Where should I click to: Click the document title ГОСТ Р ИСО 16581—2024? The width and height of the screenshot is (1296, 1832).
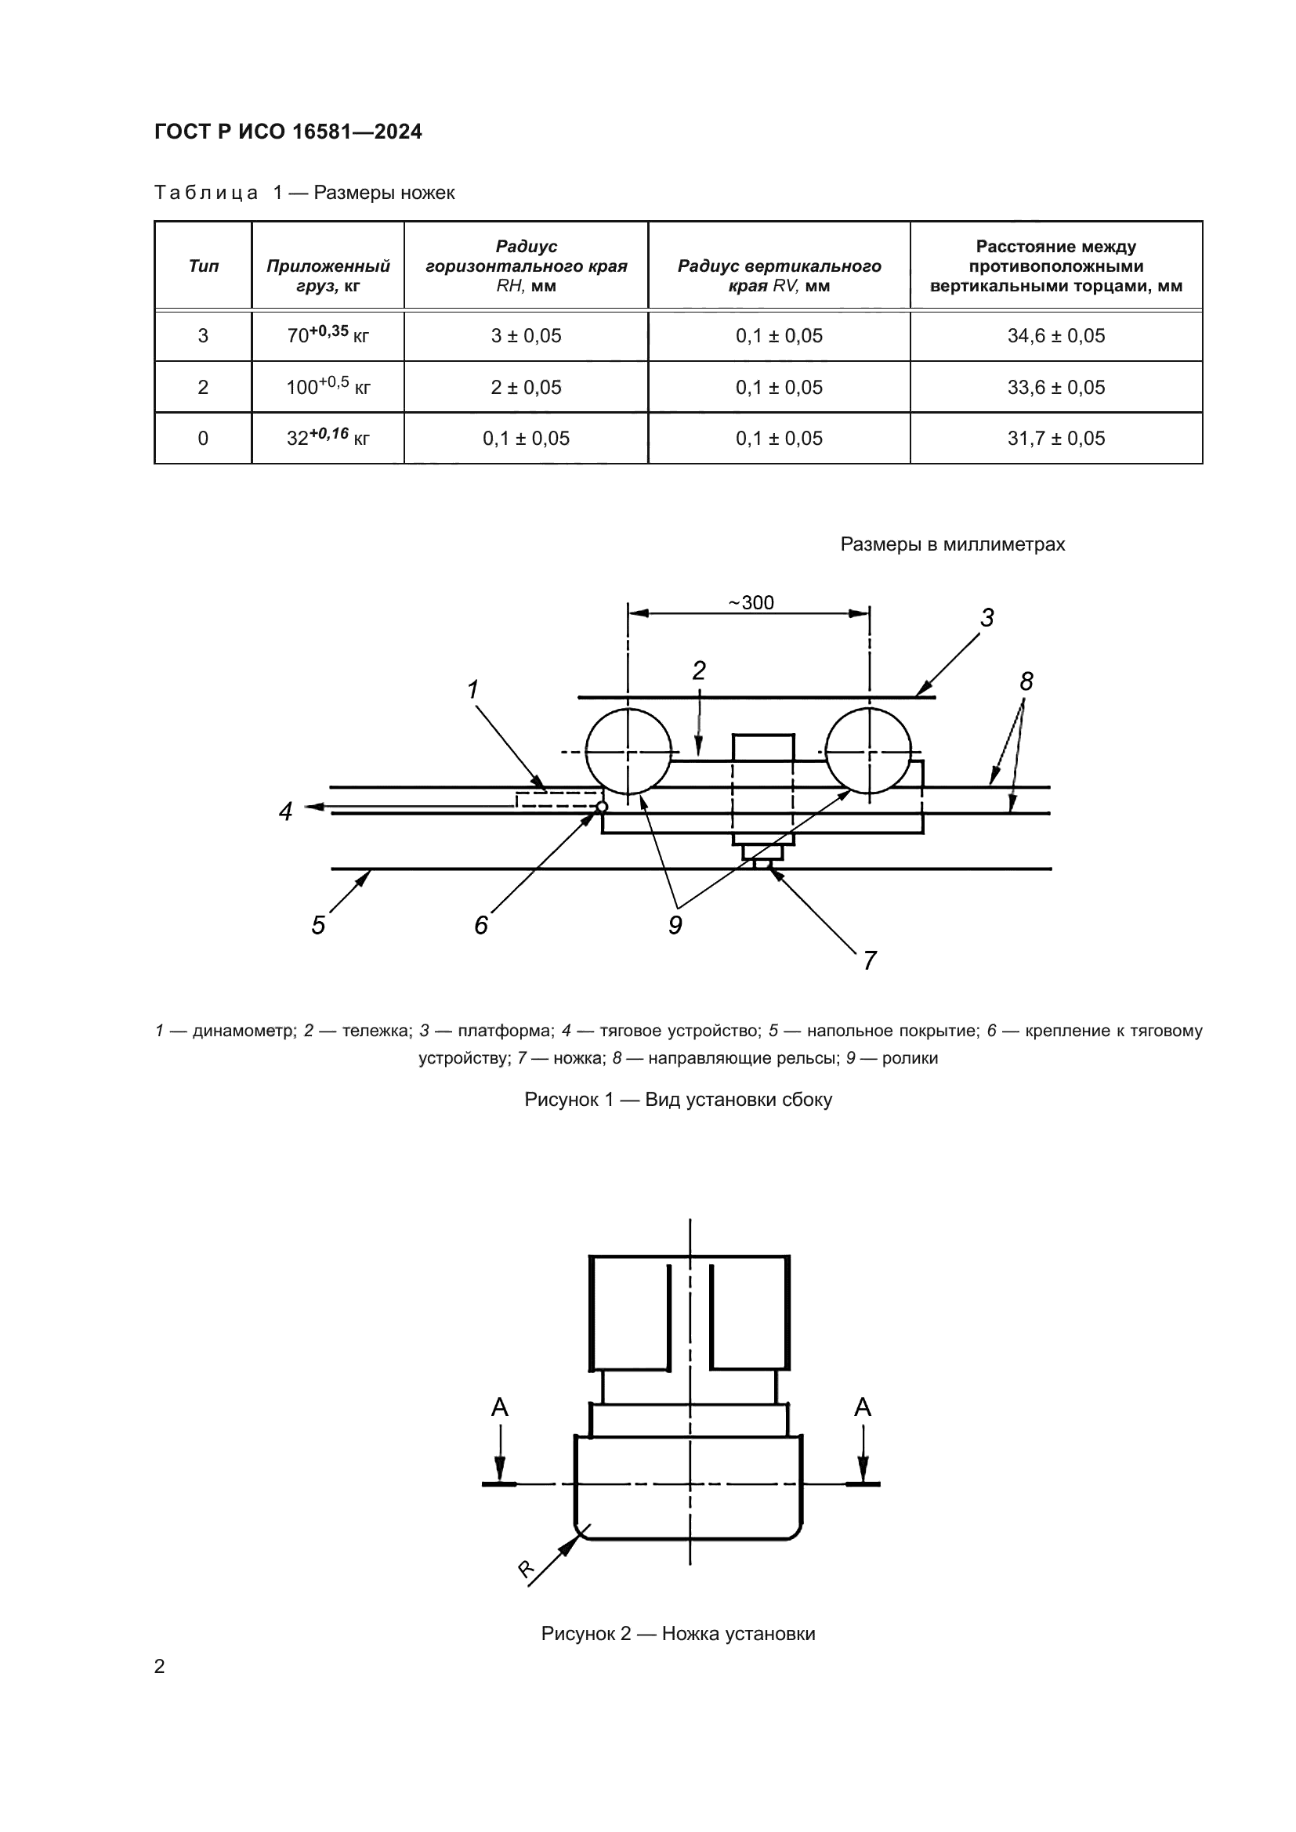click(x=288, y=132)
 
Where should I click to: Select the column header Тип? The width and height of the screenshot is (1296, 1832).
click(x=204, y=266)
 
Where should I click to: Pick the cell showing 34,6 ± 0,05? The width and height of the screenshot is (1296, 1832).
click(x=1055, y=336)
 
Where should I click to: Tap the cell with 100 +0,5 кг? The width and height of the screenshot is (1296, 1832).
click(x=328, y=387)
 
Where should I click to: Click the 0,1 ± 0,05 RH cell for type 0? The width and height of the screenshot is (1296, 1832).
click(x=526, y=438)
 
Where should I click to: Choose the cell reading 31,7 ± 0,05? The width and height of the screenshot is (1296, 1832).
click(x=1055, y=438)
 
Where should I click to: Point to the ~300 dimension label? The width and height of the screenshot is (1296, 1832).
click(x=751, y=602)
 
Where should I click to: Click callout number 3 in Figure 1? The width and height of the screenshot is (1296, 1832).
click(x=987, y=617)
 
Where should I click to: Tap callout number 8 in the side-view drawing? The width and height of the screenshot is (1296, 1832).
click(x=1026, y=681)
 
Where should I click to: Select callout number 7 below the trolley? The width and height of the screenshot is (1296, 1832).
click(x=870, y=960)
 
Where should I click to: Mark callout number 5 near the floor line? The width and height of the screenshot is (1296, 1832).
click(x=318, y=926)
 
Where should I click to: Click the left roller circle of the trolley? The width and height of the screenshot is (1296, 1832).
click(x=628, y=752)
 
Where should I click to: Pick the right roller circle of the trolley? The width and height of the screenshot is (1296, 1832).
click(x=868, y=752)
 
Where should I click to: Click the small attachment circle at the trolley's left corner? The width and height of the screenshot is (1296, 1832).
click(x=603, y=807)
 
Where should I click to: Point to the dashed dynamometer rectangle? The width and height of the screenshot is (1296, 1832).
click(x=557, y=800)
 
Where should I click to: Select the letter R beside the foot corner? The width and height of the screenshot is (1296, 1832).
click(x=527, y=1569)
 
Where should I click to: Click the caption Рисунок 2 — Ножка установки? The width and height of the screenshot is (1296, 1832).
click(x=678, y=1633)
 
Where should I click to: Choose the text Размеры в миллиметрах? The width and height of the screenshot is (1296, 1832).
click(x=952, y=544)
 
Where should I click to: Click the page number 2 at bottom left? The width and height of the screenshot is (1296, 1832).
click(x=160, y=1666)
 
